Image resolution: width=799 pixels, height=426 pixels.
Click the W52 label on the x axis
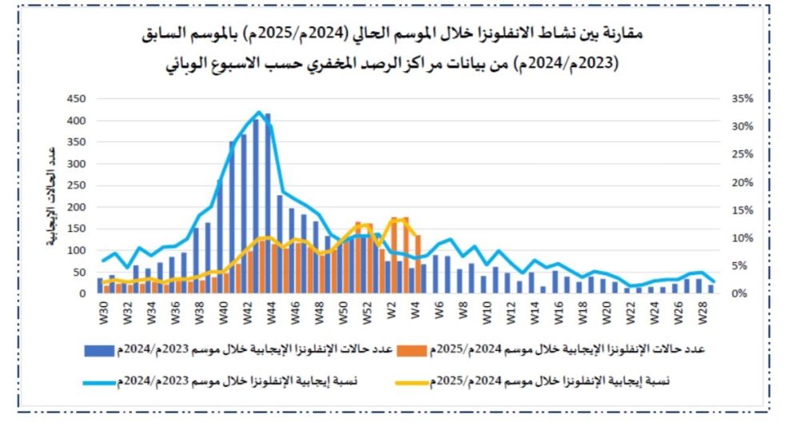(x=368, y=312)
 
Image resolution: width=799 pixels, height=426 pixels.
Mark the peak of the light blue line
(x=259, y=112)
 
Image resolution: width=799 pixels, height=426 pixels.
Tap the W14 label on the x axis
(x=533, y=312)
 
